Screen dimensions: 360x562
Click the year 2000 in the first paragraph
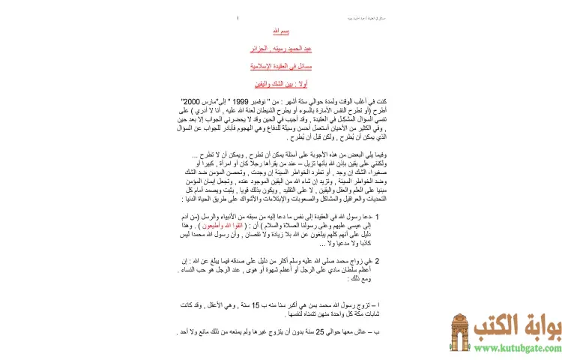189,100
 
